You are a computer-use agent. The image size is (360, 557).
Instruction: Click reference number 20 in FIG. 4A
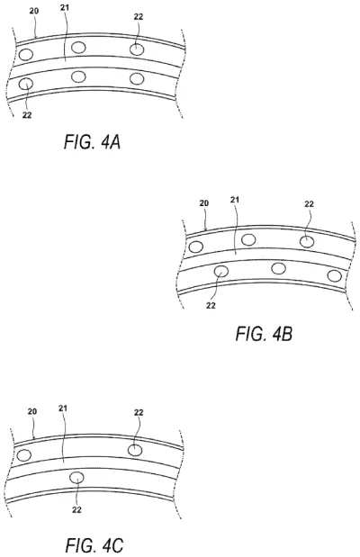coord(33,11)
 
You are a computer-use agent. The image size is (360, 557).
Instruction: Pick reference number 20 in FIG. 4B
coord(204,203)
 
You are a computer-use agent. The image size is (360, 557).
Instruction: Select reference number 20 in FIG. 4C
coord(32,410)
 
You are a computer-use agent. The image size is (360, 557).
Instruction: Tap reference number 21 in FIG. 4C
coord(64,410)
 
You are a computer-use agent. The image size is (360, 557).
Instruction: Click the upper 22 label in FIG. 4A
coord(137,16)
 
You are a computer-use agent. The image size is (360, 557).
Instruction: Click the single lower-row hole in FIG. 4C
coord(77,478)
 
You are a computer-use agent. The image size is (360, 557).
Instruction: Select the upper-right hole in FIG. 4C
coord(135,450)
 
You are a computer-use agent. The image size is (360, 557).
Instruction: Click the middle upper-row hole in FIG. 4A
coord(79,47)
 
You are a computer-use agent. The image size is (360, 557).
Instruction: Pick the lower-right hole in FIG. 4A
coord(137,79)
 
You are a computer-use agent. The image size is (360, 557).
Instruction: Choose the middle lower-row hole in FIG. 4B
coord(278,268)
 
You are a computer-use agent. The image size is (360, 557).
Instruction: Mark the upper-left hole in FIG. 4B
coord(197,247)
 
